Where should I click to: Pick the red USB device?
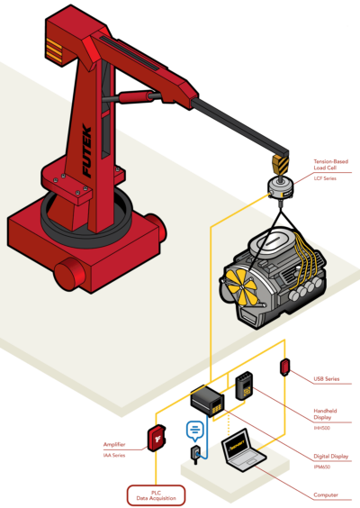284,367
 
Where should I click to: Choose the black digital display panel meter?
209,403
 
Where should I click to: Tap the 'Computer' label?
325,494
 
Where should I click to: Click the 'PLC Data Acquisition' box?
154,494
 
